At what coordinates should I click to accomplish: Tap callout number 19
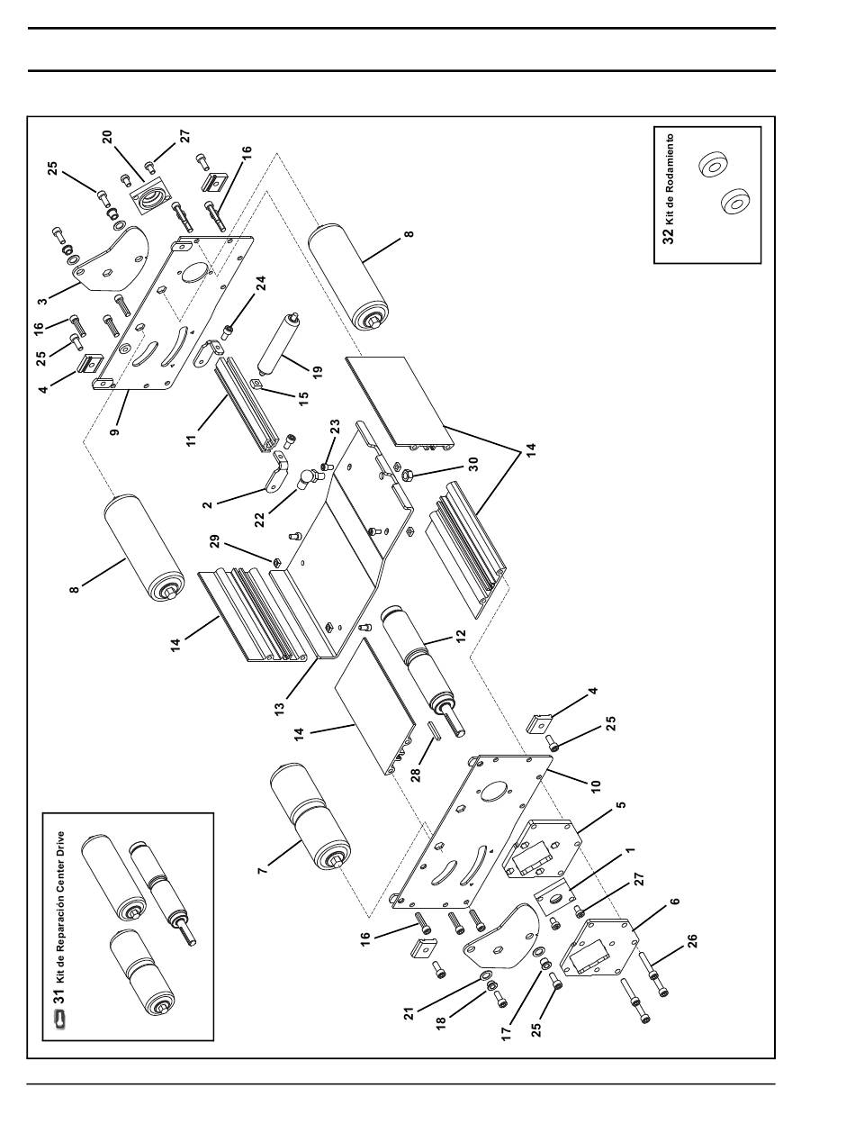316,370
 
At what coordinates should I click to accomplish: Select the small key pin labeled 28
431,729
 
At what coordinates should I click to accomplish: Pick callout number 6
674,900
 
